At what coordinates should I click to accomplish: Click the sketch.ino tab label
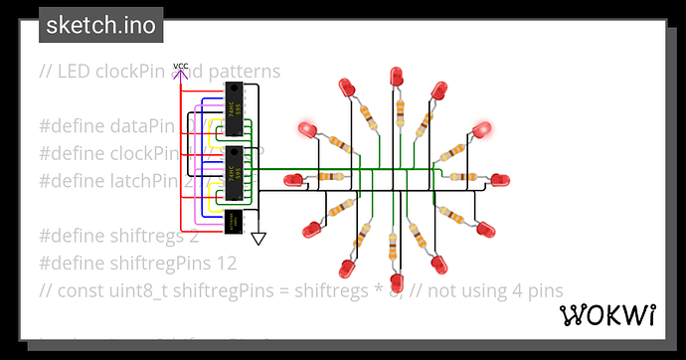coord(100,25)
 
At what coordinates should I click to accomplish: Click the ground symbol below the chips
coord(258,239)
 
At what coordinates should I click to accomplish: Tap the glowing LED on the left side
coord(307,130)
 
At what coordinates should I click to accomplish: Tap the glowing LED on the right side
coord(483,130)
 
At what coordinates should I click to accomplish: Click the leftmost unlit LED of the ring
coord(294,180)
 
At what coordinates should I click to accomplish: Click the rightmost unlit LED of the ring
coord(496,180)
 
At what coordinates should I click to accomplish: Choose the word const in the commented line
coord(82,290)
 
